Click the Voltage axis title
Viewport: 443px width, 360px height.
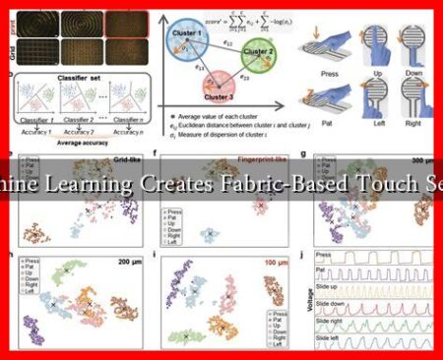306,310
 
